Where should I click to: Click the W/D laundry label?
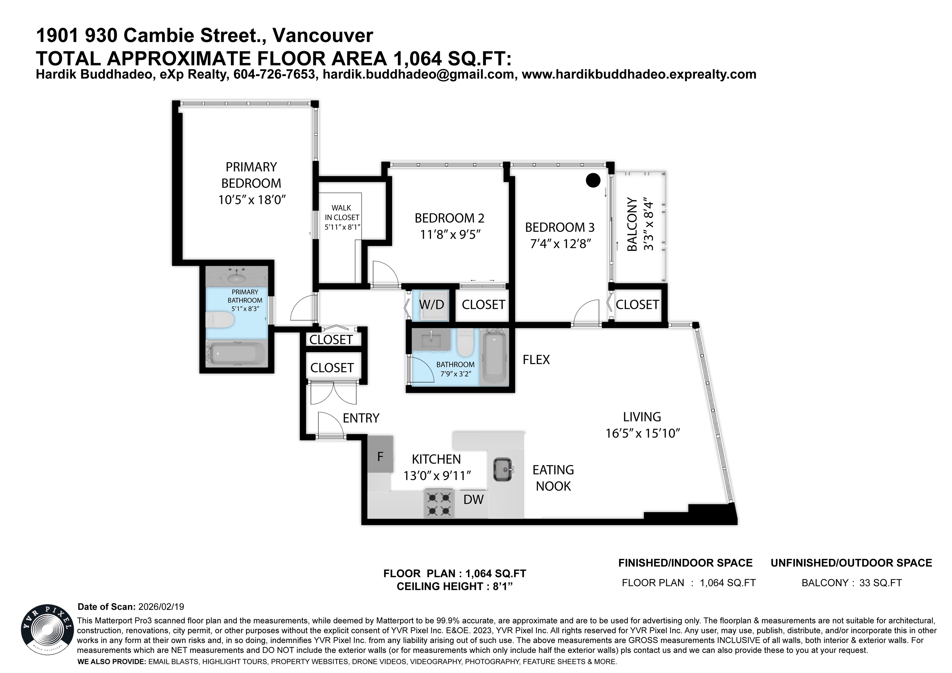point(431,305)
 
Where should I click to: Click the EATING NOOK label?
point(553,478)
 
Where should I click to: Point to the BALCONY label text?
point(632,224)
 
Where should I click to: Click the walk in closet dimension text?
point(342,227)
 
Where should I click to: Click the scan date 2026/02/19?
point(161,607)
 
